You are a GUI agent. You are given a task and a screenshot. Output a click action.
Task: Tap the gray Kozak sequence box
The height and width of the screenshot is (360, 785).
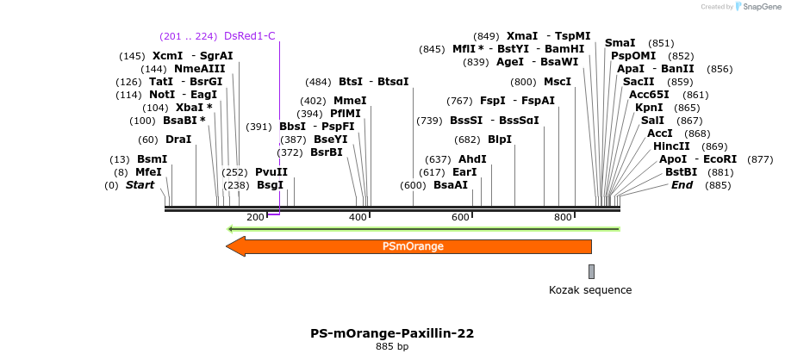tap(591, 272)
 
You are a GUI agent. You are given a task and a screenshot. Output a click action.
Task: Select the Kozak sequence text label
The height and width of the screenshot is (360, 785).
tap(590, 290)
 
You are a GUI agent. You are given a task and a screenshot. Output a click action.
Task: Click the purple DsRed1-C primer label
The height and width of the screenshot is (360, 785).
tap(249, 36)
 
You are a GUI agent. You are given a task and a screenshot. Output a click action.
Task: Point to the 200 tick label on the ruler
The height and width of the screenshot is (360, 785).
tap(255, 217)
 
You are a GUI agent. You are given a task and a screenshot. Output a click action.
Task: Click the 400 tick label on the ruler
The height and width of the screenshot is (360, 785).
tap(358, 217)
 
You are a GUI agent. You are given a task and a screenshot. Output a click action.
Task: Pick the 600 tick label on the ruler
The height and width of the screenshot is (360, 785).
tap(460, 217)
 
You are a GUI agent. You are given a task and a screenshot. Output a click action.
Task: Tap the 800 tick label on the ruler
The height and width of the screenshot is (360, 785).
tap(563, 217)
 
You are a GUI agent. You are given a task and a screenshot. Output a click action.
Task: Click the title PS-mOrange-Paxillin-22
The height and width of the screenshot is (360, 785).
tap(392, 332)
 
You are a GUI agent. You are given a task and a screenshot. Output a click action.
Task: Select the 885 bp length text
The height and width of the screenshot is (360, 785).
tap(392, 346)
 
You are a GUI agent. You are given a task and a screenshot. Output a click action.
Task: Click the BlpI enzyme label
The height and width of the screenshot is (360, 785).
tap(500, 140)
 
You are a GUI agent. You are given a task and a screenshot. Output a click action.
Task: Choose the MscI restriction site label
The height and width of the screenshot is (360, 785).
tap(558, 82)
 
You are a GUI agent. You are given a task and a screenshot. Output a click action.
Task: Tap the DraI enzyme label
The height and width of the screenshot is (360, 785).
tap(178, 140)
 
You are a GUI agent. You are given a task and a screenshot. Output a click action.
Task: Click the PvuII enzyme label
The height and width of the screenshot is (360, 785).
tap(271, 171)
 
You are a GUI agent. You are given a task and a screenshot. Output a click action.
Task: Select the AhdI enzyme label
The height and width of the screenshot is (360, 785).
tap(472, 159)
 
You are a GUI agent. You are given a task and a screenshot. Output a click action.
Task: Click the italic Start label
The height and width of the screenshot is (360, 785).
tap(140, 185)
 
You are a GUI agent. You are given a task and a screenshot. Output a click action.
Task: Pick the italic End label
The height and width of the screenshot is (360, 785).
tap(682, 185)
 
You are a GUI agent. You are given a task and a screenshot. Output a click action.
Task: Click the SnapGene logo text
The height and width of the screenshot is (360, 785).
tap(759, 7)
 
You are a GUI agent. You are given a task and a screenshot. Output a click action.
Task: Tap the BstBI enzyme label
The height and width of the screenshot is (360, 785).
tap(681, 172)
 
